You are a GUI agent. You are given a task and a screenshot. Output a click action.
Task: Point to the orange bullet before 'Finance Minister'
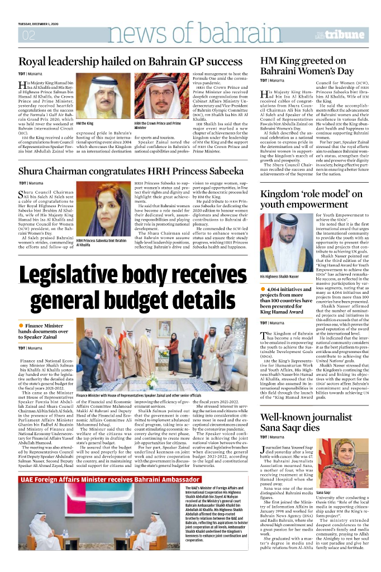tap(21, 325)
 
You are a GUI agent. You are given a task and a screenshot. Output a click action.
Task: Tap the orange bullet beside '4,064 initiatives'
tap(263, 288)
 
